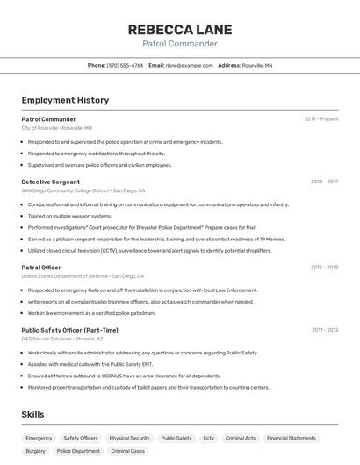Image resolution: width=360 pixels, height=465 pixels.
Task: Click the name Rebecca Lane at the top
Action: point(179,29)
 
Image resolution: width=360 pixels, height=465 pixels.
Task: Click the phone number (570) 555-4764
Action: point(125,65)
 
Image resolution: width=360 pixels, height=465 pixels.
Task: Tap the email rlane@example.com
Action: point(189,65)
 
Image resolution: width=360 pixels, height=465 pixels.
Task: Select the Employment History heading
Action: point(65,100)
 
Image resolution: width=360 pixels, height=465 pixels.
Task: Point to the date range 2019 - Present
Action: point(321,118)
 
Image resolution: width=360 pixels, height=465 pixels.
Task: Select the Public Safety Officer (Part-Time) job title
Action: point(69,330)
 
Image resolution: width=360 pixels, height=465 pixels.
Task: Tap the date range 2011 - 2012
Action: point(324,330)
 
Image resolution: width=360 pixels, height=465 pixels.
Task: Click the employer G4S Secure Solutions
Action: point(50,339)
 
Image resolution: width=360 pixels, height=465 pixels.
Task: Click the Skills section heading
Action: point(32,414)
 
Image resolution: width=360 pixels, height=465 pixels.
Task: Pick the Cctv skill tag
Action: point(208,438)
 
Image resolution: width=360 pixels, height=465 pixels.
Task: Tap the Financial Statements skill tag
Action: point(291,438)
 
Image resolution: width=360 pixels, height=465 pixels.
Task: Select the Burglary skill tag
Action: point(35,451)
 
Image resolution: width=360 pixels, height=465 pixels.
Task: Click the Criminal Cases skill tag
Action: point(127,451)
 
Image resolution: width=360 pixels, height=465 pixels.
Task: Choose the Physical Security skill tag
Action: point(129,438)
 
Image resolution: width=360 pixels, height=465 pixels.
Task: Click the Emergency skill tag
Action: point(39,438)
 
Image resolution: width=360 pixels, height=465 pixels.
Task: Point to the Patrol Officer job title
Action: point(41,267)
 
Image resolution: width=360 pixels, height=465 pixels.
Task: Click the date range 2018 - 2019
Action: point(324,182)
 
